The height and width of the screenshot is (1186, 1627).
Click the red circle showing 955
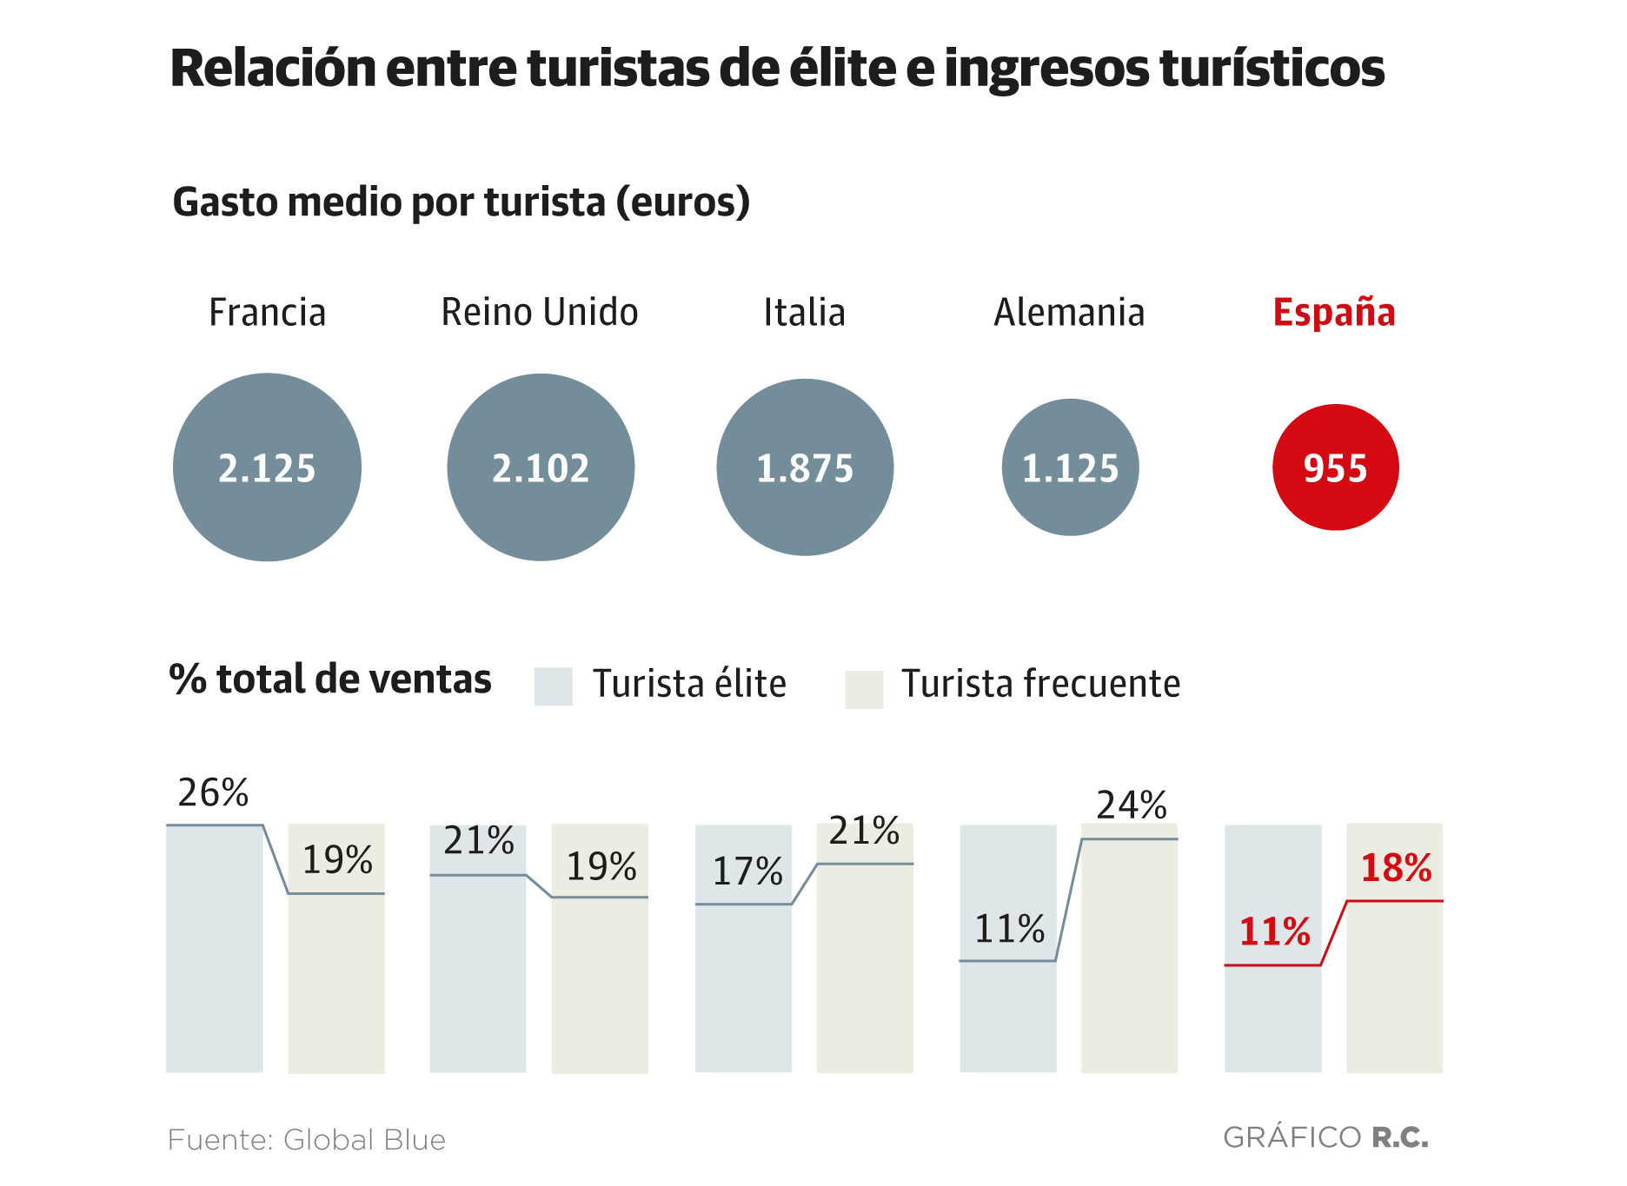pos(1335,467)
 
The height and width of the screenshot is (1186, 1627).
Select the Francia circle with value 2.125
pos(267,467)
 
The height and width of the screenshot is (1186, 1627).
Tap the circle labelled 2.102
pos(541,467)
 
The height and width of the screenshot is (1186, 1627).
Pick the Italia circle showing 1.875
pos(805,467)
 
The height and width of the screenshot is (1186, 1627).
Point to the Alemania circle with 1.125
pos(1070,467)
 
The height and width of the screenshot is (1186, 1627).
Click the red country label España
pos(1334,313)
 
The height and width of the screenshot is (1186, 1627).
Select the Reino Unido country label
pos(540,313)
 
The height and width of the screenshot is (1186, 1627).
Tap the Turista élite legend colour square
pos(553,686)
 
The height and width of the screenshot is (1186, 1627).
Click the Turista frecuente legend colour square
pos(864,689)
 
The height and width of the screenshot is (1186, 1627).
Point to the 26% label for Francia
pos(213,792)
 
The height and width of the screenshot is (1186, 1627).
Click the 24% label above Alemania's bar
pos(1131,805)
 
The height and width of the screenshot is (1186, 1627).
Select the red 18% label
pos(1396,868)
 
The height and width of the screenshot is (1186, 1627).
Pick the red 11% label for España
pos(1274,932)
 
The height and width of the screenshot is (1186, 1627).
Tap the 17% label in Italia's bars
pos(747,871)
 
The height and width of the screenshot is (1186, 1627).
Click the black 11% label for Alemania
pos(1009,929)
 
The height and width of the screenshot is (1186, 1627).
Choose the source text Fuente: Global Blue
pos(306,1139)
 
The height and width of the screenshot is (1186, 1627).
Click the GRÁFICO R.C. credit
pos(1325,1137)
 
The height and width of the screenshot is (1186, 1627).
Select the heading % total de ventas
pos(330,679)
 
